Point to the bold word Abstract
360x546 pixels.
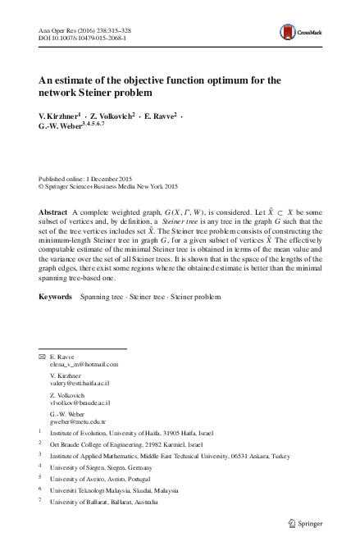click(x=53, y=212)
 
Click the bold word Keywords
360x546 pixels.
click(x=57, y=295)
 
